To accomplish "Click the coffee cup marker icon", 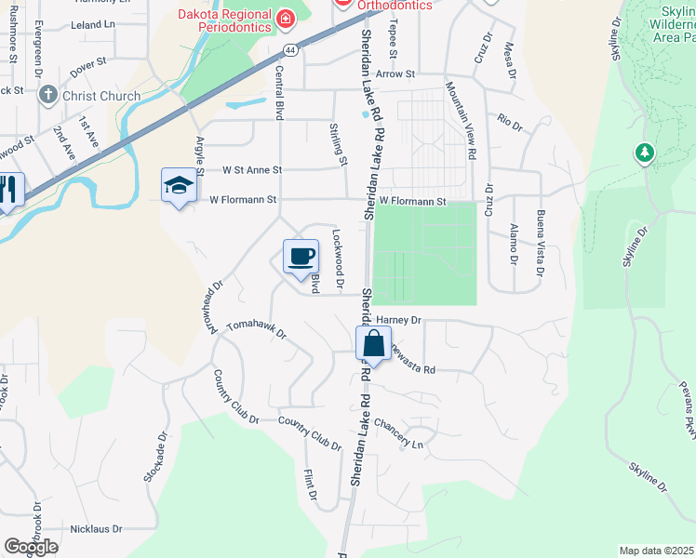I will click(301, 256).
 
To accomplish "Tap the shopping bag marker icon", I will click(373, 343).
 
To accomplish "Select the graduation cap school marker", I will click(179, 185).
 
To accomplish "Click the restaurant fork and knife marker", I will click(8, 191).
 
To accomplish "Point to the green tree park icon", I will click(644, 153).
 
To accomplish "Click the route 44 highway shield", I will click(291, 53).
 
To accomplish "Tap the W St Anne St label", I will click(251, 170).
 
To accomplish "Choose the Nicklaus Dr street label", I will click(91, 529).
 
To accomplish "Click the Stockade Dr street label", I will click(155, 456).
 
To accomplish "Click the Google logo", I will click(31, 546).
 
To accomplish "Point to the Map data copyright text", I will click(656, 551).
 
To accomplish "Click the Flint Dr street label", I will click(310, 489).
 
